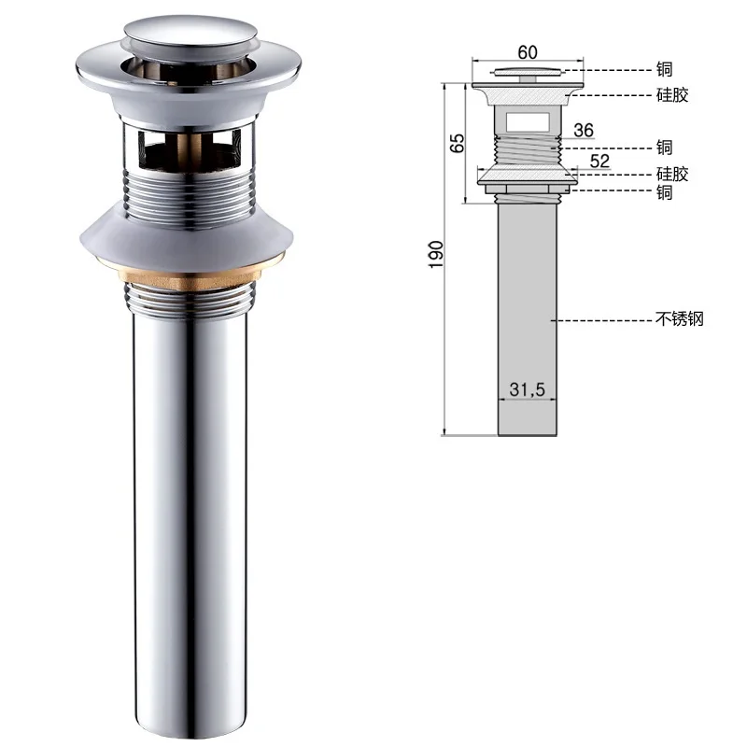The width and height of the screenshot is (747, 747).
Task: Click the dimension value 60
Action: [528, 52]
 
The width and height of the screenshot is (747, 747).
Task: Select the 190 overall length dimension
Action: [436, 254]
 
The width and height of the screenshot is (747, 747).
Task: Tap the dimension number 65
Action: [457, 143]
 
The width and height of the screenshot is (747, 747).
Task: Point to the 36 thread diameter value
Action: [584, 130]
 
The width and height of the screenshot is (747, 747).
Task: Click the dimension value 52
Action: [599, 161]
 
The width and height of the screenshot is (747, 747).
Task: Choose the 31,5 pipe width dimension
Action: [527, 389]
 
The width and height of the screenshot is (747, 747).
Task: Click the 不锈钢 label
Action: [680, 318]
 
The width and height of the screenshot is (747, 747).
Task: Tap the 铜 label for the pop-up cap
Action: [664, 69]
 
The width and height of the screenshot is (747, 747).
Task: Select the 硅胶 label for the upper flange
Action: [672, 95]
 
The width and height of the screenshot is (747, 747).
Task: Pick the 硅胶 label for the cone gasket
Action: [672, 174]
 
